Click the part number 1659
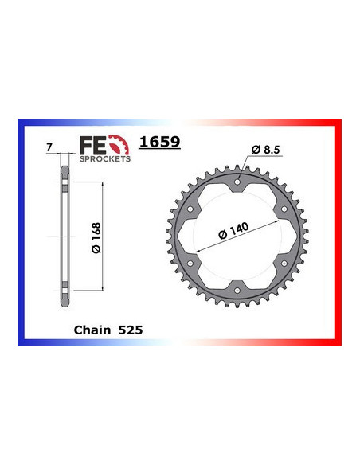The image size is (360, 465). [159, 143]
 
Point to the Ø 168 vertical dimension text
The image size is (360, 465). [94, 238]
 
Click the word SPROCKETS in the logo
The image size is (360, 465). [104, 158]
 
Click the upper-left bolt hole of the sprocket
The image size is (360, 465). [191, 209]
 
